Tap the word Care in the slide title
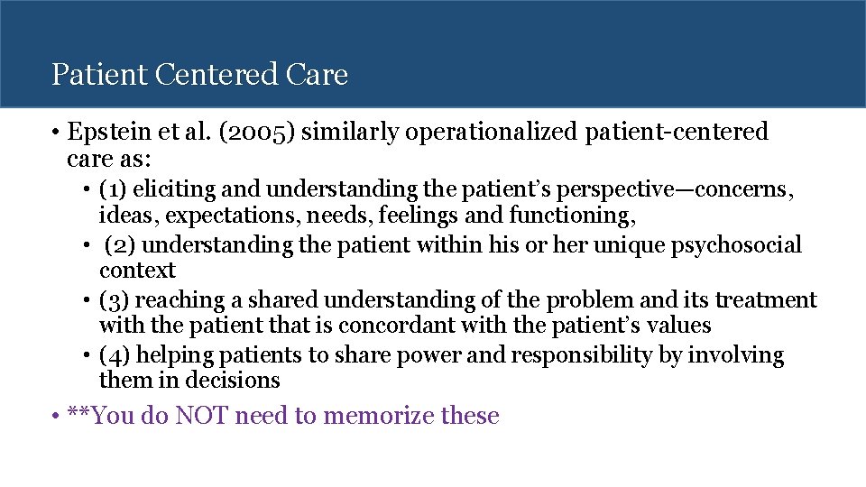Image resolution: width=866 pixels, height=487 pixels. point(318,74)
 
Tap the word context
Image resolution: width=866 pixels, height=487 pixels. point(137,271)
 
